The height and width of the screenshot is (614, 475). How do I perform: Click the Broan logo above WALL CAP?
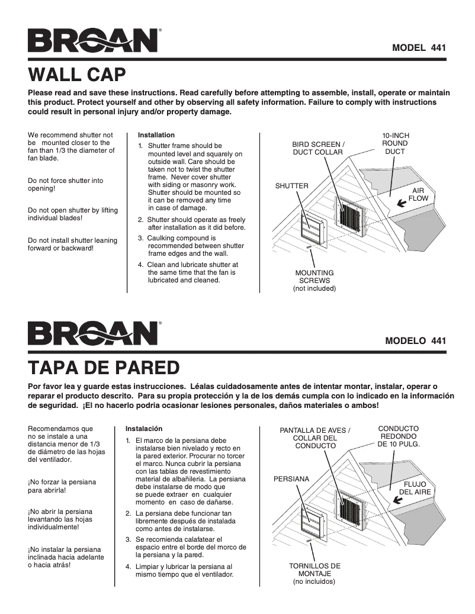click(93, 41)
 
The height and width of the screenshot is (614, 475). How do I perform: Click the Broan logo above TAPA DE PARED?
click(93, 335)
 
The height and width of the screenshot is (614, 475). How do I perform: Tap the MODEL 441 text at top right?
click(418, 47)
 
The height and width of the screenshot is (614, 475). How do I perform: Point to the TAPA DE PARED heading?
click(104, 368)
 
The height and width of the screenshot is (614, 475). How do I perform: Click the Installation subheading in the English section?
click(156, 135)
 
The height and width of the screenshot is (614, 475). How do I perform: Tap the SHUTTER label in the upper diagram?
click(291, 186)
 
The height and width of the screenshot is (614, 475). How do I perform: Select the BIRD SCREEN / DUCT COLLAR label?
click(317, 148)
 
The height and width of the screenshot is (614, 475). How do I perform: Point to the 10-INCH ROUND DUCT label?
click(395, 143)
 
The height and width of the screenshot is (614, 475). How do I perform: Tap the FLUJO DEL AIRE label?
click(415, 487)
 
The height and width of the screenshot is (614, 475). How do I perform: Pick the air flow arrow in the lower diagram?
click(399, 499)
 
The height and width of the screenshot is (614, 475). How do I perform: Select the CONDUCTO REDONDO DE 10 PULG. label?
click(398, 436)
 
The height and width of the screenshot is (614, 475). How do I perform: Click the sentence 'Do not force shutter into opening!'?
click(65, 184)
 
